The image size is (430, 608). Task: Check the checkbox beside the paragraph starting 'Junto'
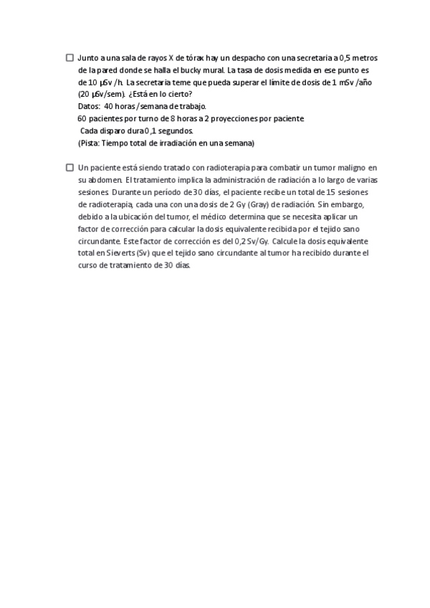click(x=70, y=57)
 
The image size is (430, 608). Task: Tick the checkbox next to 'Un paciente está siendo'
click(x=70, y=167)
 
